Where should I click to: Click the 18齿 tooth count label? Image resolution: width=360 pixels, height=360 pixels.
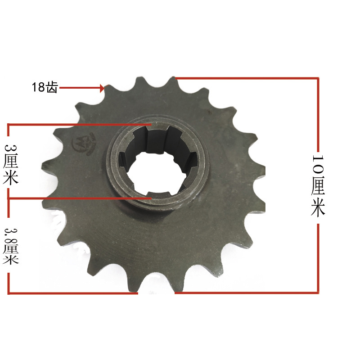point(45,87)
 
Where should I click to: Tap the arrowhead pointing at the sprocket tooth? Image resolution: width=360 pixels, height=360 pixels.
point(102,88)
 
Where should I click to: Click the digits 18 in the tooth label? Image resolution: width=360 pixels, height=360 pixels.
point(38,87)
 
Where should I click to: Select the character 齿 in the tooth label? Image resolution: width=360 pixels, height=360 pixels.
point(52,87)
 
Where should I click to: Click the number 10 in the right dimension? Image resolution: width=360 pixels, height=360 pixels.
point(318,163)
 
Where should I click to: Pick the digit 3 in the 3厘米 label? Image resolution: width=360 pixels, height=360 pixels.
point(10,149)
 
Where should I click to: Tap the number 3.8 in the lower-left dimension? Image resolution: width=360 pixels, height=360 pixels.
point(10,235)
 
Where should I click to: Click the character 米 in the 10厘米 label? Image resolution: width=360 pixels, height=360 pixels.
point(318,208)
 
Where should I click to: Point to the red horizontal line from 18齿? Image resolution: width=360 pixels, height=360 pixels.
point(79,88)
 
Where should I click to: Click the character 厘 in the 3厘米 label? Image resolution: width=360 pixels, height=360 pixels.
point(10,163)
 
